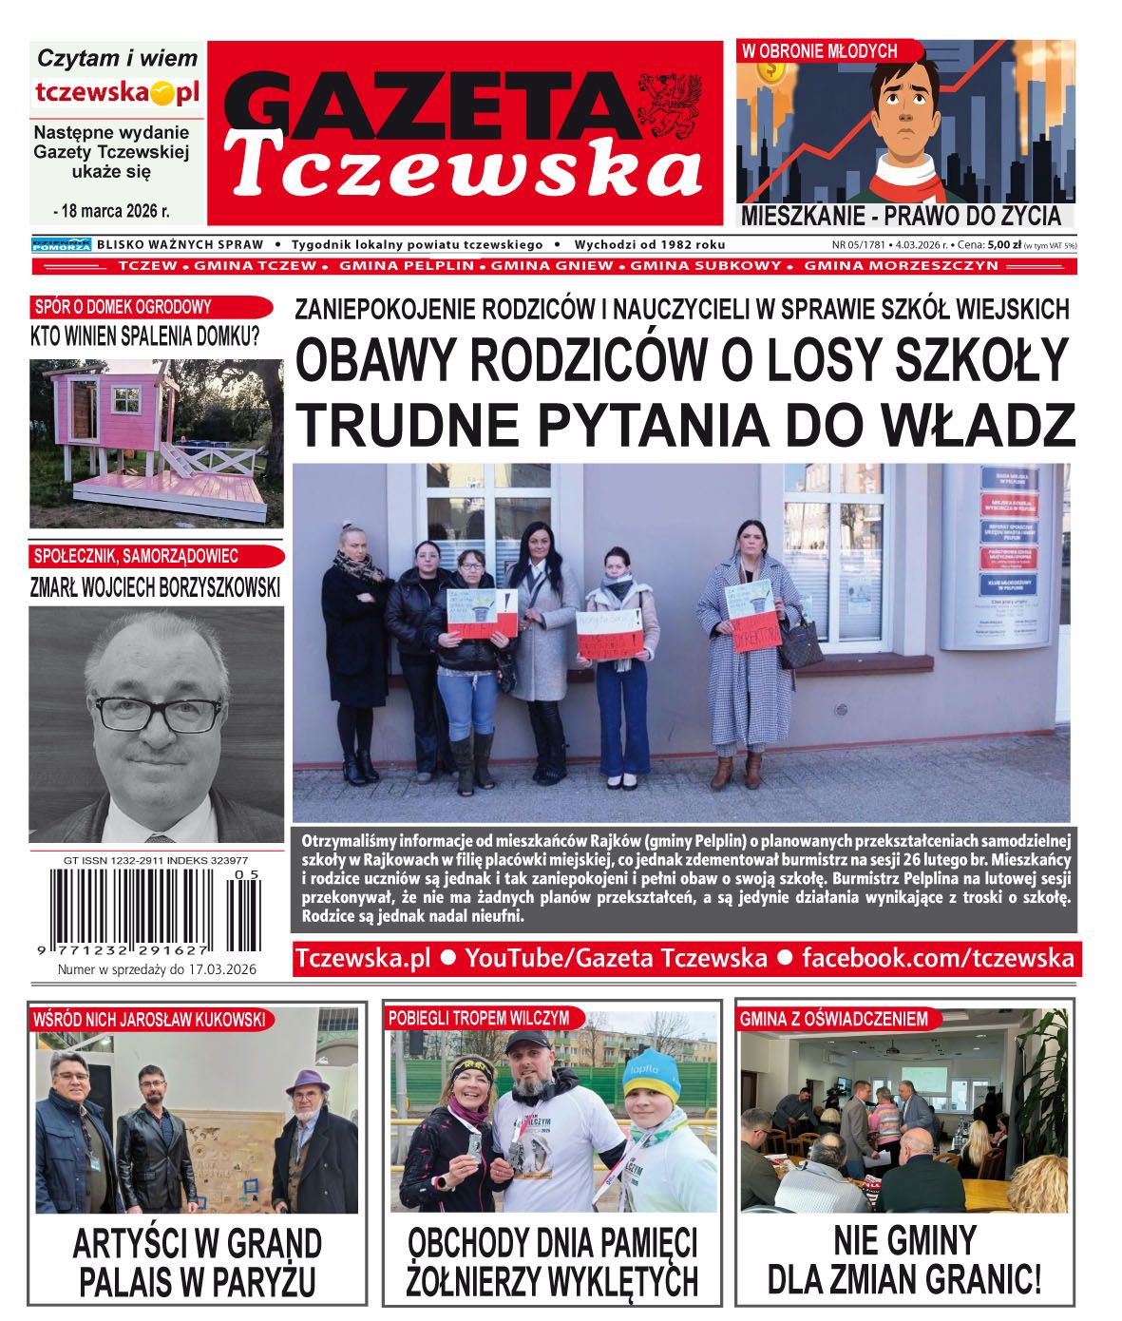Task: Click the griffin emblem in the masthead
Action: [668, 103]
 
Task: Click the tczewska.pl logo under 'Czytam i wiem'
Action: [117, 92]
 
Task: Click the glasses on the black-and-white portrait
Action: [158, 713]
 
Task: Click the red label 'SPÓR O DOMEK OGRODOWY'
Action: [123, 307]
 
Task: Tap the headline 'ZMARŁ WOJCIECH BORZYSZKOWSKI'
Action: [156, 586]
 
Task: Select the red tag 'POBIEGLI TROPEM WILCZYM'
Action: [479, 1018]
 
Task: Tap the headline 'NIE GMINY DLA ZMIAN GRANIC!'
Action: [904, 1260]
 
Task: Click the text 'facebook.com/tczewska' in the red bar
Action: [939, 957]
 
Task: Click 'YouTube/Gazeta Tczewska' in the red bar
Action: [616, 957]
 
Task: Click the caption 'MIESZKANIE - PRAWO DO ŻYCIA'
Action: [901, 216]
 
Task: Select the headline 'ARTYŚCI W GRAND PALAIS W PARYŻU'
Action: [198, 1262]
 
